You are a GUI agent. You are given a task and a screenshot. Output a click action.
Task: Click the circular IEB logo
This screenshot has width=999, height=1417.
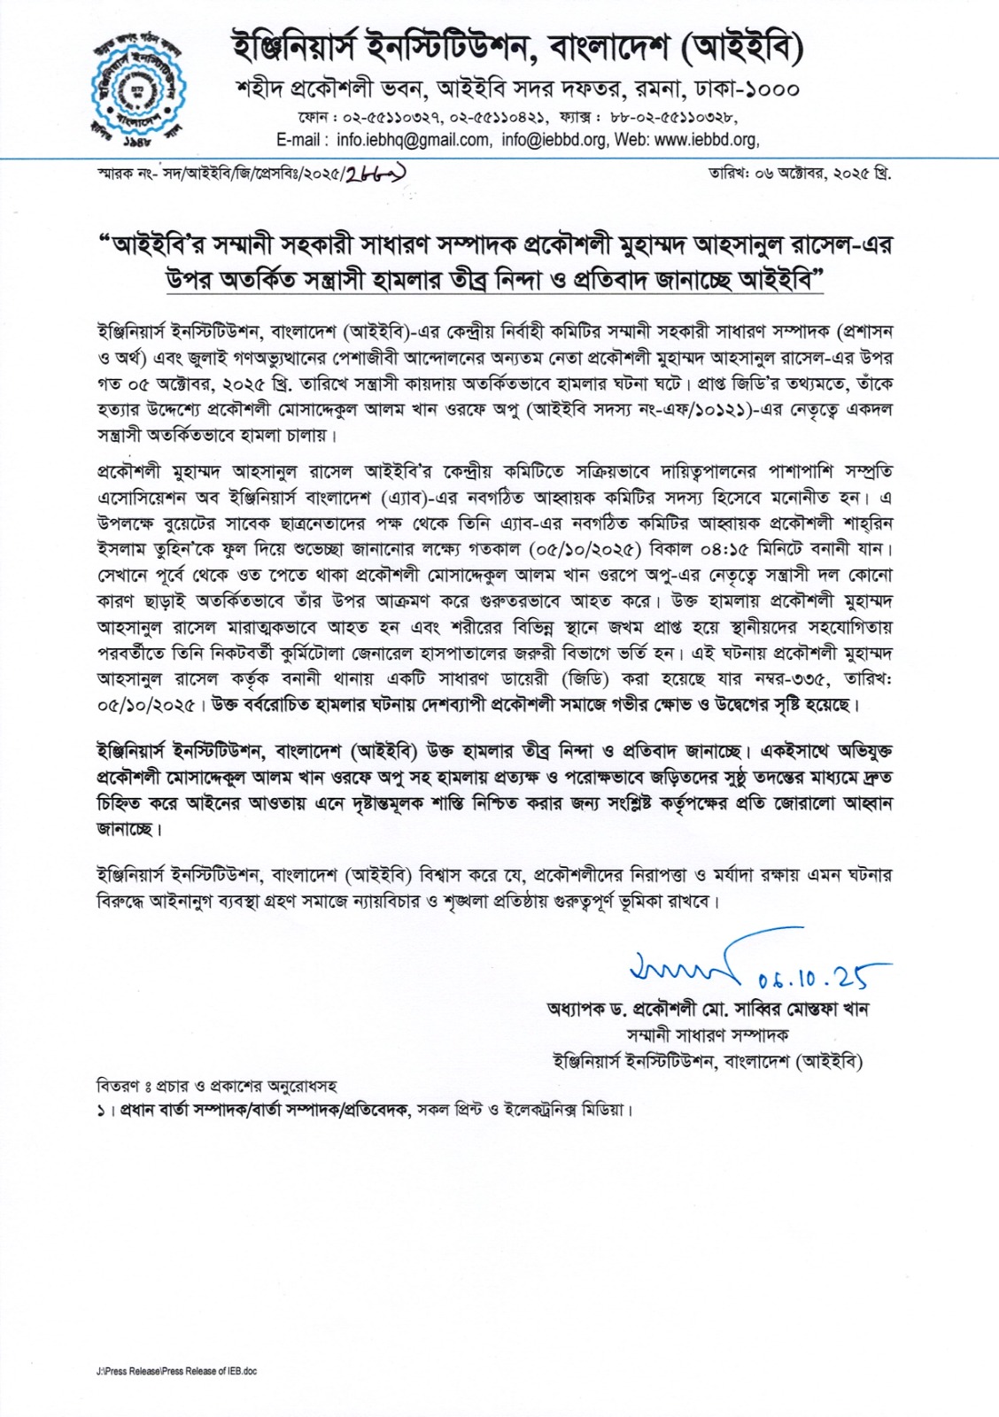pyautogui.click(x=140, y=87)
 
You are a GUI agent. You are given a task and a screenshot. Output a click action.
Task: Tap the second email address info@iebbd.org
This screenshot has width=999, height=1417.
pyautogui.click(x=554, y=140)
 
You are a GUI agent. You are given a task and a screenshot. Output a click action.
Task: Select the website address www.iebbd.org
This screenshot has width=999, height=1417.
pyautogui.click(x=705, y=140)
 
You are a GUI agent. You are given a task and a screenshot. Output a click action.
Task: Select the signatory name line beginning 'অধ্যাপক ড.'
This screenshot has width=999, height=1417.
pyautogui.click(x=708, y=1010)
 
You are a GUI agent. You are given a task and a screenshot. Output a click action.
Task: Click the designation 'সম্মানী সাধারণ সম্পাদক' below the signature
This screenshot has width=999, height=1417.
pyautogui.click(x=708, y=1035)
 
